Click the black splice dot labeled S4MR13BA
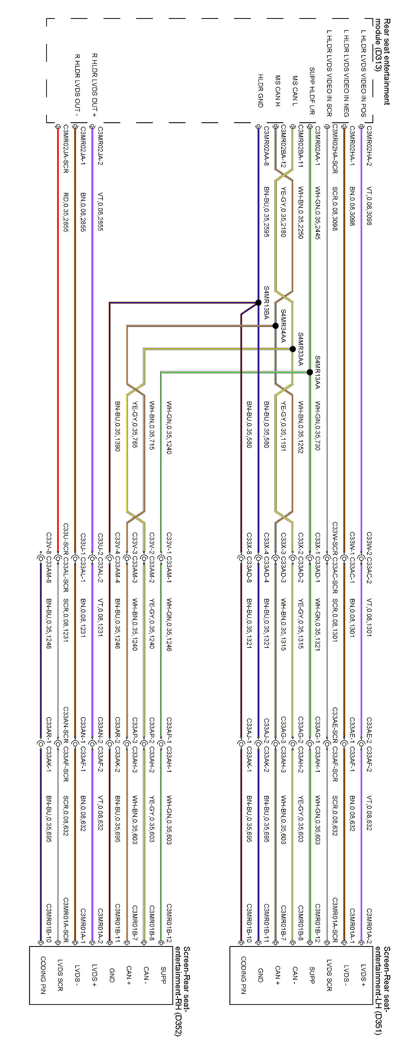coord(258,302)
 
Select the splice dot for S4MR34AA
coord(275,326)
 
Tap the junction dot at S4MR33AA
coord(292,349)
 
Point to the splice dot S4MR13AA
coord(310,372)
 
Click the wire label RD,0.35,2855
coord(65,212)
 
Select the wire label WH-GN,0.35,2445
coord(317,213)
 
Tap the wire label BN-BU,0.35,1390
coord(117,426)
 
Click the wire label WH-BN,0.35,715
coord(151,426)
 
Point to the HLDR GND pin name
coord(260,91)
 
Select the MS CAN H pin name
coord(277,91)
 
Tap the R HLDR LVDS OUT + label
coord(94,85)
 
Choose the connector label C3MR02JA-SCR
coord(65,149)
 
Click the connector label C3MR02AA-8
coord(266,146)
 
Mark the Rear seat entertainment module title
coord(383,61)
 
